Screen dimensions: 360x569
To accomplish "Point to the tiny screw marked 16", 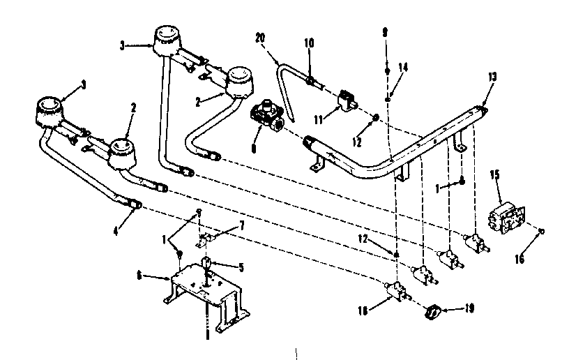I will (x=542, y=231).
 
